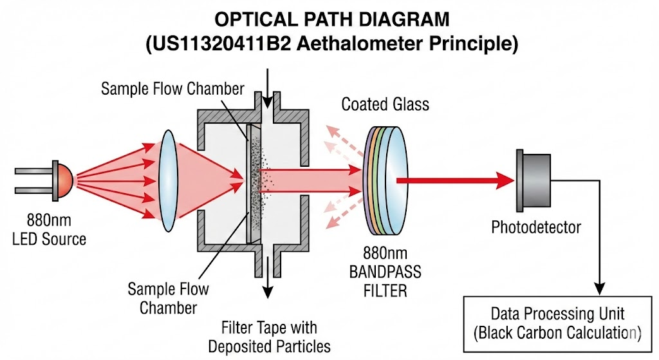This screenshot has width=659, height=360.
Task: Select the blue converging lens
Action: tap(169, 181)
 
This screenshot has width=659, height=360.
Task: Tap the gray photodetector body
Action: tap(534, 180)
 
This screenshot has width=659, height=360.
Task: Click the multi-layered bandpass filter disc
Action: tap(385, 180)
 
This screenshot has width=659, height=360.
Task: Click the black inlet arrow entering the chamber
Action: tap(267, 89)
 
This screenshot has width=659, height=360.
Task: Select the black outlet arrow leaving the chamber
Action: tap(268, 276)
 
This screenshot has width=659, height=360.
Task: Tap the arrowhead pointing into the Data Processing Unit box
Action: tap(600, 289)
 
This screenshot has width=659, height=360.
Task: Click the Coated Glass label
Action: tap(385, 104)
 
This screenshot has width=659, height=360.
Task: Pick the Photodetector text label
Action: tap(536, 227)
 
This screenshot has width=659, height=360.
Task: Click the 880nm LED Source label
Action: tap(49, 230)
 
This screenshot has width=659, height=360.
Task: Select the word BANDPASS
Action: tap(385, 272)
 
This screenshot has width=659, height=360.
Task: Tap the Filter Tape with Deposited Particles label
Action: tap(270, 337)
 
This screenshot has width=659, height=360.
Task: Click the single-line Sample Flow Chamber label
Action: tap(172, 89)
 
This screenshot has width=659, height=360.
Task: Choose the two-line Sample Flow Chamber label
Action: tap(168, 298)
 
